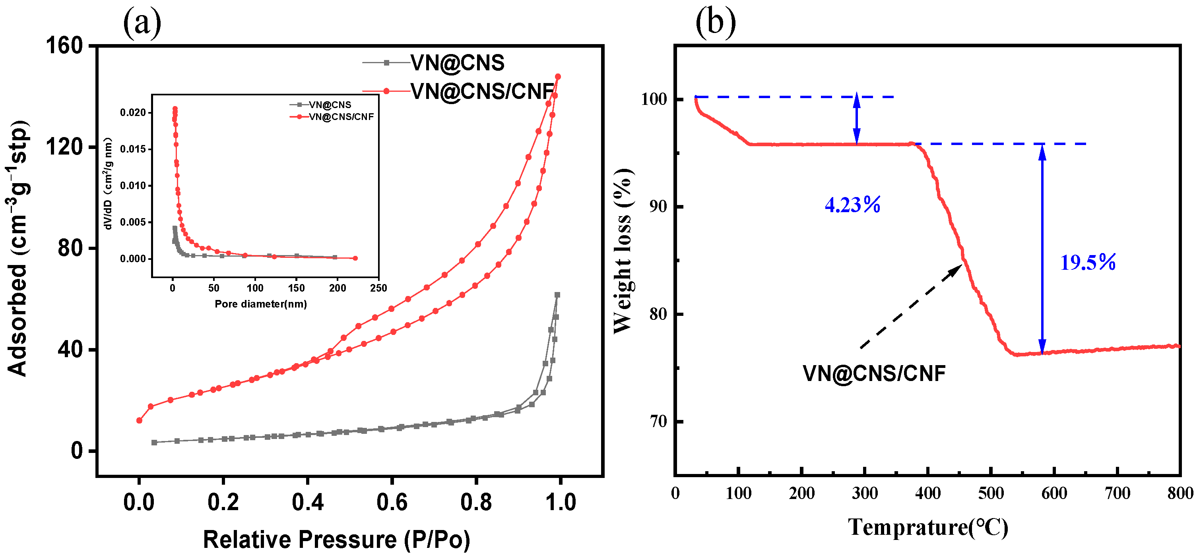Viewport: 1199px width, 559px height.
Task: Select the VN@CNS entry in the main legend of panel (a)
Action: pyautogui.click(x=457, y=63)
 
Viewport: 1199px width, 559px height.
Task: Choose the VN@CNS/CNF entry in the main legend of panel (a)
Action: pyautogui.click(x=482, y=91)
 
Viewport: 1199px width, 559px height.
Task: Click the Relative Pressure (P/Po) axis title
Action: pyautogui.click(x=336, y=540)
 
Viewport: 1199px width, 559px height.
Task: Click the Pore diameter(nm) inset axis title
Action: pyautogui.click(x=261, y=304)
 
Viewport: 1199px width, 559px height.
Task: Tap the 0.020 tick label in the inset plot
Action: pyautogui.click(x=133, y=112)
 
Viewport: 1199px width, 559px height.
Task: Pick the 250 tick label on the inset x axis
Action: pyautogui.click(x=378, y=288)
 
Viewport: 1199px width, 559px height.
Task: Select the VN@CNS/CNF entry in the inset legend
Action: pyautogui.click(x=341, y=117)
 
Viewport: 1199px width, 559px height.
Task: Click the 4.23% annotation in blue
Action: pyautogui.click(x=852, y=205)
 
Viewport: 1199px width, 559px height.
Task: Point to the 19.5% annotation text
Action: pyautogui.click(x=1087, y=262)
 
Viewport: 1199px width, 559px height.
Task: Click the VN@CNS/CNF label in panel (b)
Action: pyautogui.click(x=874, y=373)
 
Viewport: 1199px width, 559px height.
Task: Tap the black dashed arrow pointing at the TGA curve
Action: pyautogui.click(x=910, y=307)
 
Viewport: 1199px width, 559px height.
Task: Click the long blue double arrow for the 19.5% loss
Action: pyautogui.click(x=1042, y=249)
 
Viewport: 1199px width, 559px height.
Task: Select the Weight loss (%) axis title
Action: pyautogui.click(x=623, y=251)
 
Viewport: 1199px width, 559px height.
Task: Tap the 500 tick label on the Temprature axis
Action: pyautogui.click(x=991, y=493)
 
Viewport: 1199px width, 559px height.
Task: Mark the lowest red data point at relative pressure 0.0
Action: pyautogui.click(x=139, y=420)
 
